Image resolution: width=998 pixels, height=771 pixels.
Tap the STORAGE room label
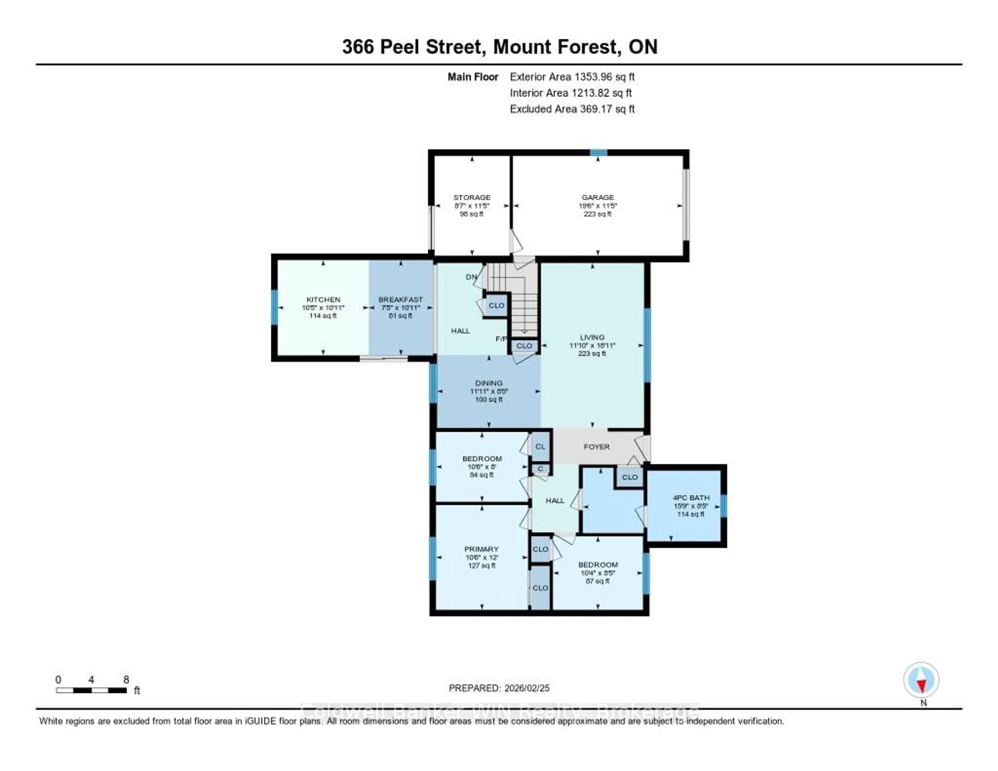click(x=472, y=198)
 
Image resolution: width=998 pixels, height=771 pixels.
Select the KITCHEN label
click(x=323, y=299)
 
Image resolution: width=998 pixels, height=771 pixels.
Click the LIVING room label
click(x=592, y=337)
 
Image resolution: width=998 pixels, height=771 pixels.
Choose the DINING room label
click(x=489, y=383)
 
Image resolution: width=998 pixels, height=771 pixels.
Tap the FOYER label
click(x=596, y=447)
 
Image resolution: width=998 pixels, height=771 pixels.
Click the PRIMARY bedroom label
click(x=481, y=549)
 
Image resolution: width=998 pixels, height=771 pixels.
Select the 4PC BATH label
click(x=691, y=497)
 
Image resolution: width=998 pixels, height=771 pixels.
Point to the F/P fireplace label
click(x=501, y=339)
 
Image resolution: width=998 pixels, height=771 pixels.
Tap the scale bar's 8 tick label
click(x=126, y=679)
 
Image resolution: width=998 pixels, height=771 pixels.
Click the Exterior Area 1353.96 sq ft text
click(x=572, y=77)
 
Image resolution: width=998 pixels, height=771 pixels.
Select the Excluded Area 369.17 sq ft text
click(x=572, y=109)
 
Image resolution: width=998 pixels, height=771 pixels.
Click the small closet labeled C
click(x=540, y=468)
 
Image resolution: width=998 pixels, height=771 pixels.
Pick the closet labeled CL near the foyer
click(x=540, y=447)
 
